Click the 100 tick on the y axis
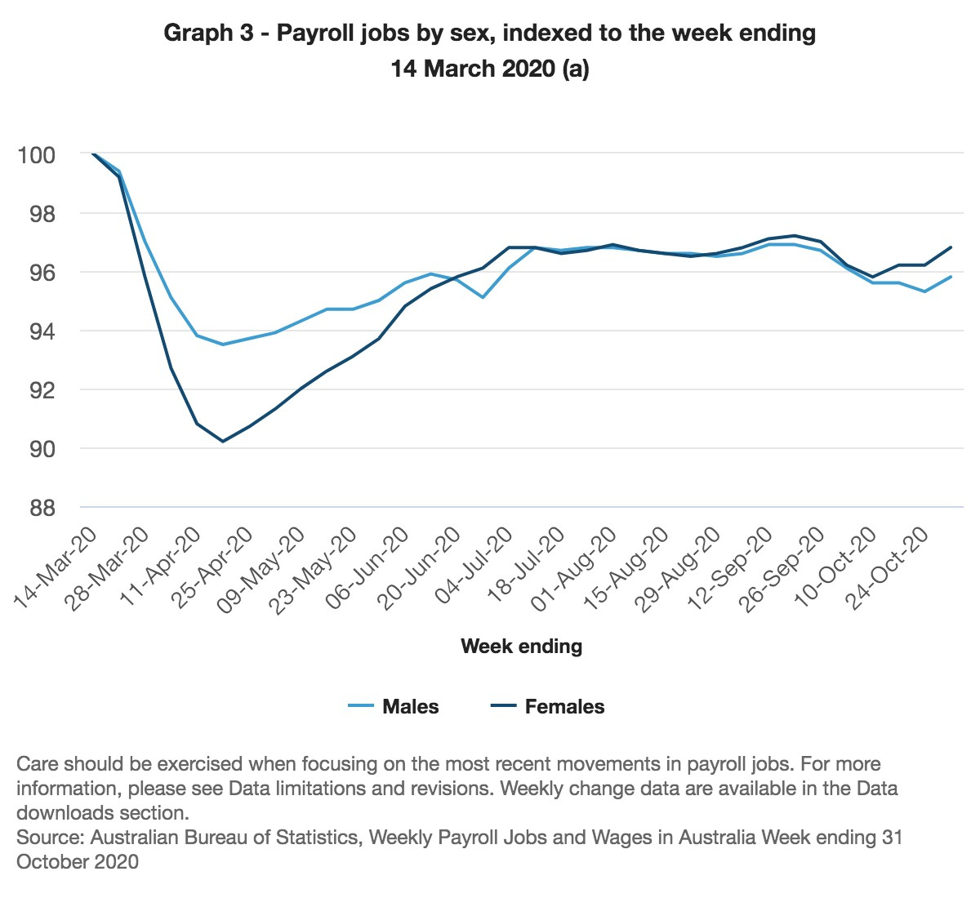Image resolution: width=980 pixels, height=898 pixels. click(36, 154)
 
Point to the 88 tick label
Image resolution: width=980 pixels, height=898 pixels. click(36, 508)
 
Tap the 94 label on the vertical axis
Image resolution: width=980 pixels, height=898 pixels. click(36, 331)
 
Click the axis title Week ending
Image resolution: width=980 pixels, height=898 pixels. click(521, 647)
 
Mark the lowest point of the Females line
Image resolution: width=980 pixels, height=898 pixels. click(223, 442)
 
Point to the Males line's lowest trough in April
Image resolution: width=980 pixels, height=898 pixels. click(223, 345)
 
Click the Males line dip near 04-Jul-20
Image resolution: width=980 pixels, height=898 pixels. click(483, 297)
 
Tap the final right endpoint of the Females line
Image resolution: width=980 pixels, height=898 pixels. click(951, 247)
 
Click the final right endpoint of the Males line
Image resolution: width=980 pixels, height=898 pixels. click(951, 277)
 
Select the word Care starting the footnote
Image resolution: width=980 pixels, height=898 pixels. click(38, 765)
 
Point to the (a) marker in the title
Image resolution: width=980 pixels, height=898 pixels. click(574, 69)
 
